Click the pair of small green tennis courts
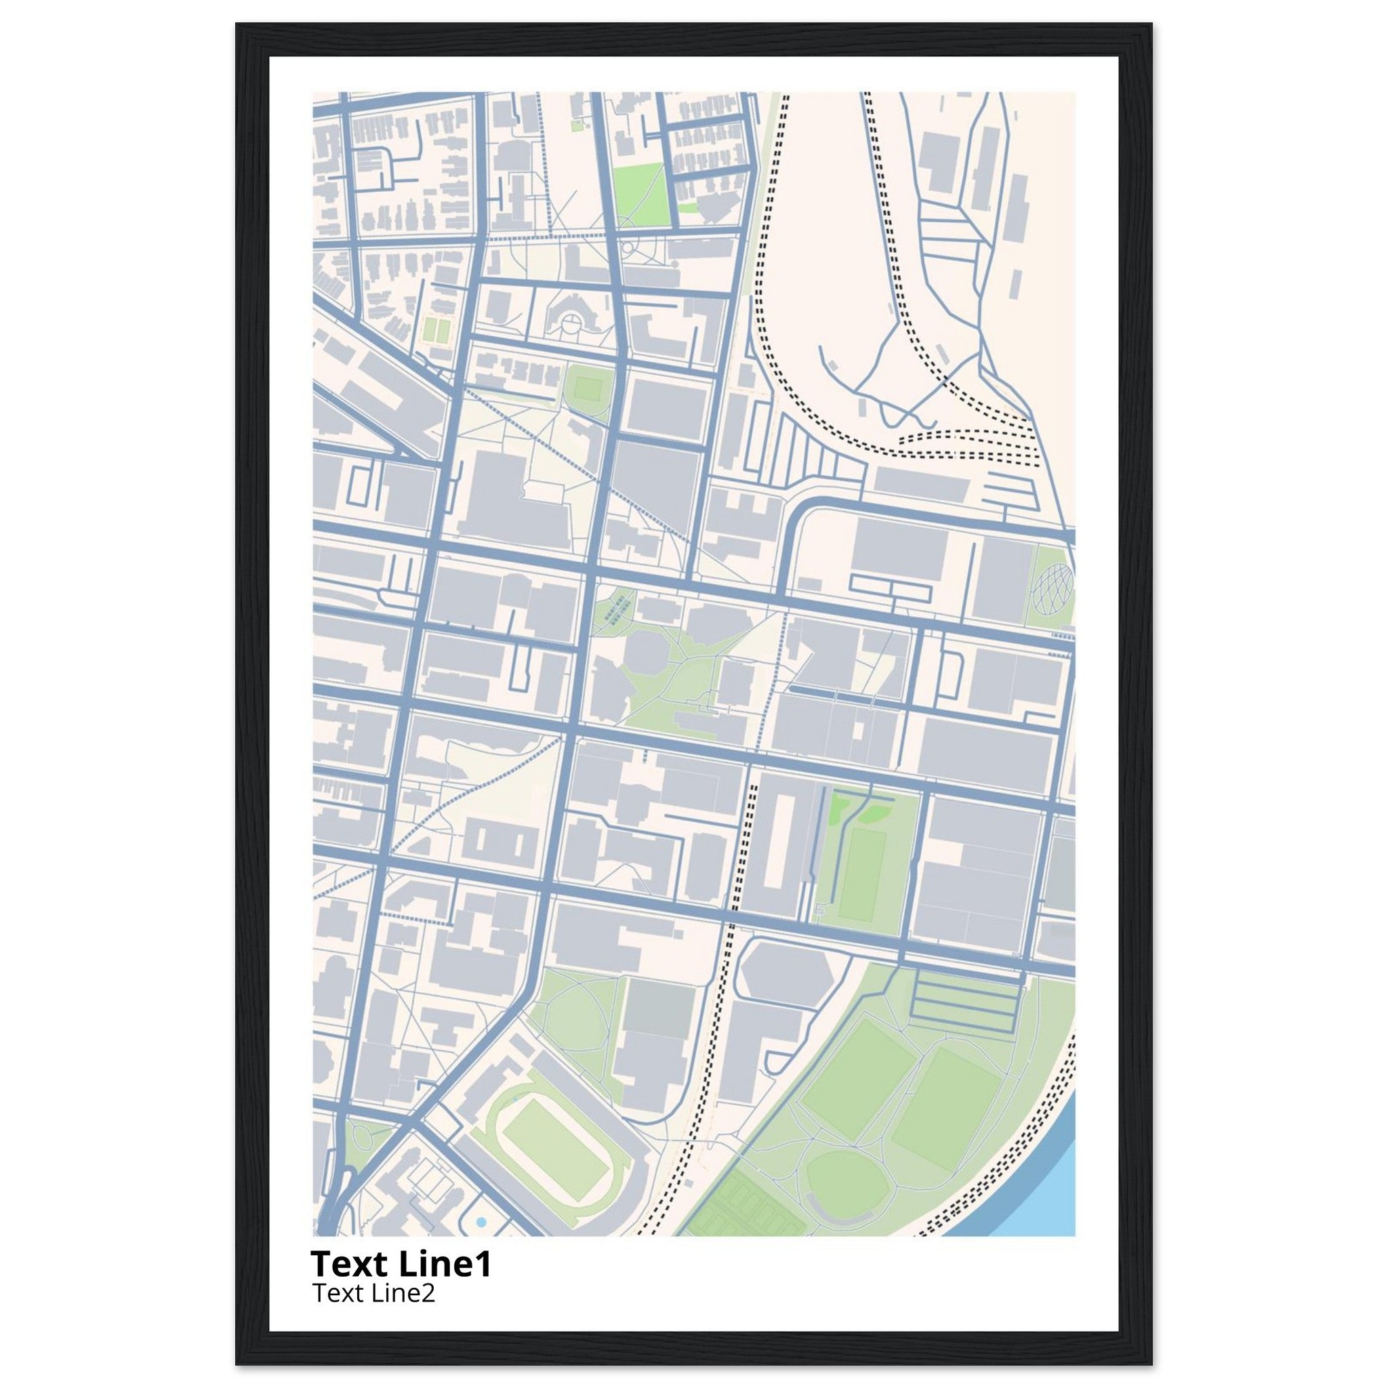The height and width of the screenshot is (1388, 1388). pyautogui.click(x=436, y=330)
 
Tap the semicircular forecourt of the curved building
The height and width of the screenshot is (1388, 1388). pyautogui.click(x=570, y=325)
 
